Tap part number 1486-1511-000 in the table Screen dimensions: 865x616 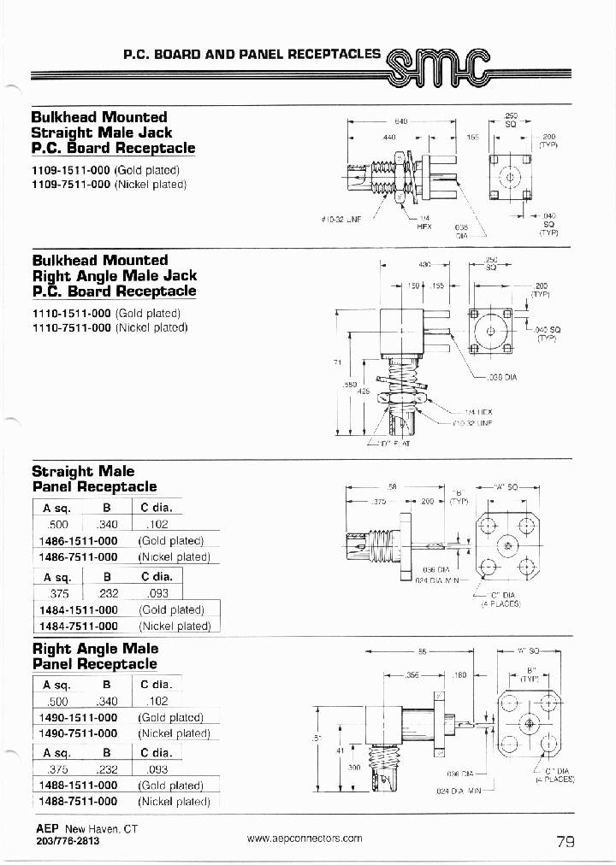pyautogui.click(x=79, y=541)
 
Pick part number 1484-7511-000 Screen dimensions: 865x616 pyautogui.click(x=79, y=626)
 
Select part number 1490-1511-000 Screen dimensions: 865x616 pyautogui.click(x=79, y=718)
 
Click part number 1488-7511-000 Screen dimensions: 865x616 pyautogui.click(x=79, y=801)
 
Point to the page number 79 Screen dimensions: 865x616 pyautogui.click(x=566, y=841)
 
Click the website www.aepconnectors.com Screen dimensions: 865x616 pyautogui.click(x=305, y=839)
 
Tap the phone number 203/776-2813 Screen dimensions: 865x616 pyautogui.click(x=68, y=841)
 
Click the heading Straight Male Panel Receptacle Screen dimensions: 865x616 pyautogui.click(x=94, y=479)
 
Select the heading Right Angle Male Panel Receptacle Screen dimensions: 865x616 pyautogui.click(x=94, y=656)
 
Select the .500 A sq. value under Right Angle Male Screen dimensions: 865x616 pyautogui.click(x=58, y=702)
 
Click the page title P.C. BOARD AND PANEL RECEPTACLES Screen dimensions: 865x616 pyautogui.click(x=252, y=53)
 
